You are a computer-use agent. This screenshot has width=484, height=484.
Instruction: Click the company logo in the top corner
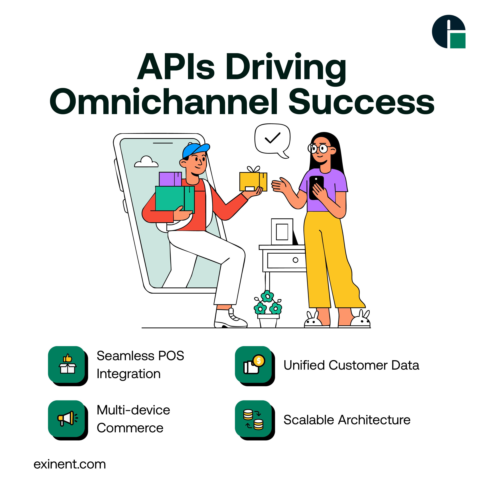[448, 32]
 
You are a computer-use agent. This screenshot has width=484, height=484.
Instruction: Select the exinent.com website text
[70, 464]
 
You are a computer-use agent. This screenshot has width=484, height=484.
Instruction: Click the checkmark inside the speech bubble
[273, 138]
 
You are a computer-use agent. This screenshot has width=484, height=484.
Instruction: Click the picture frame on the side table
[282, 232]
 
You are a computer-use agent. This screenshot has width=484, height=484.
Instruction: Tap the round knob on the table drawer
[296, 260]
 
